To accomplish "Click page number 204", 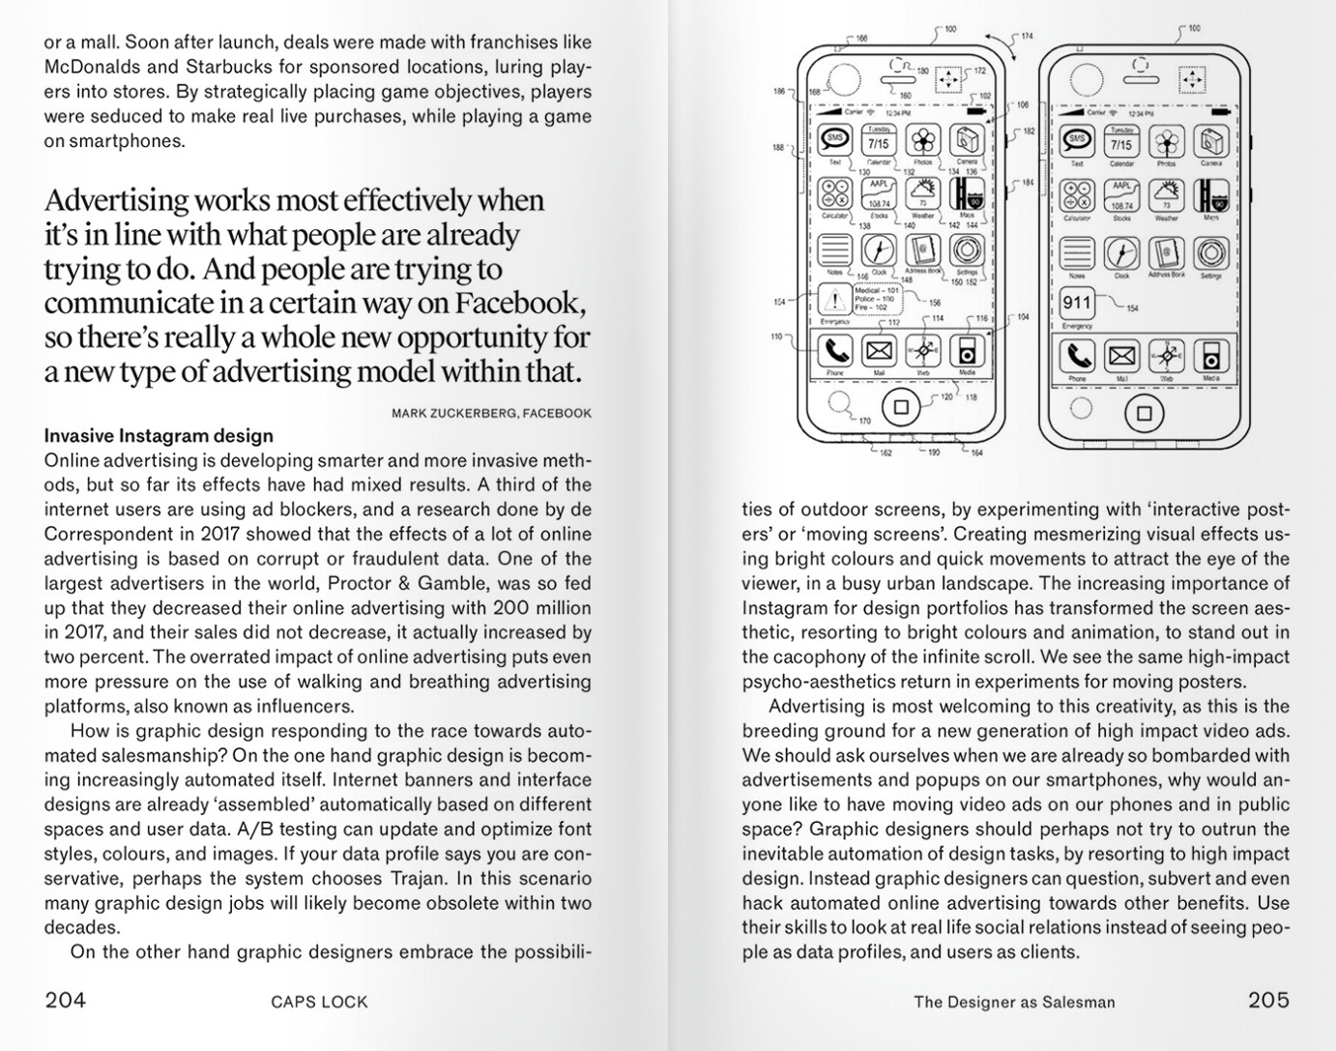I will (x=66, y=1000).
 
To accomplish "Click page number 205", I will (x=1267, y=1000).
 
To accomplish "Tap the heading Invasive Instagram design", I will (x=159, y=436).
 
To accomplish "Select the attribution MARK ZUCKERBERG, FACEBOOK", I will (x=491, y=413).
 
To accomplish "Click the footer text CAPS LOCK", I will (x=319, y=1002).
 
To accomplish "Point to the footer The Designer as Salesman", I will (x=1014, y=1002).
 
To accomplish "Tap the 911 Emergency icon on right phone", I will (x=1076, y=304).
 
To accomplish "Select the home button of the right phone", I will (x=1144, y=414).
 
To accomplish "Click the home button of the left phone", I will (x=901, y=407).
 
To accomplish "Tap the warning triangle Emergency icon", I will (x=833, y=300).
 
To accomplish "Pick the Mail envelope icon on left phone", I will (x=879, y=351).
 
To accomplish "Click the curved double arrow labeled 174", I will (x=1001, y=43).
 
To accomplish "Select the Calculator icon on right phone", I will (x=1076, y=195).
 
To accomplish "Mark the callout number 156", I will (x=935, y=303).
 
